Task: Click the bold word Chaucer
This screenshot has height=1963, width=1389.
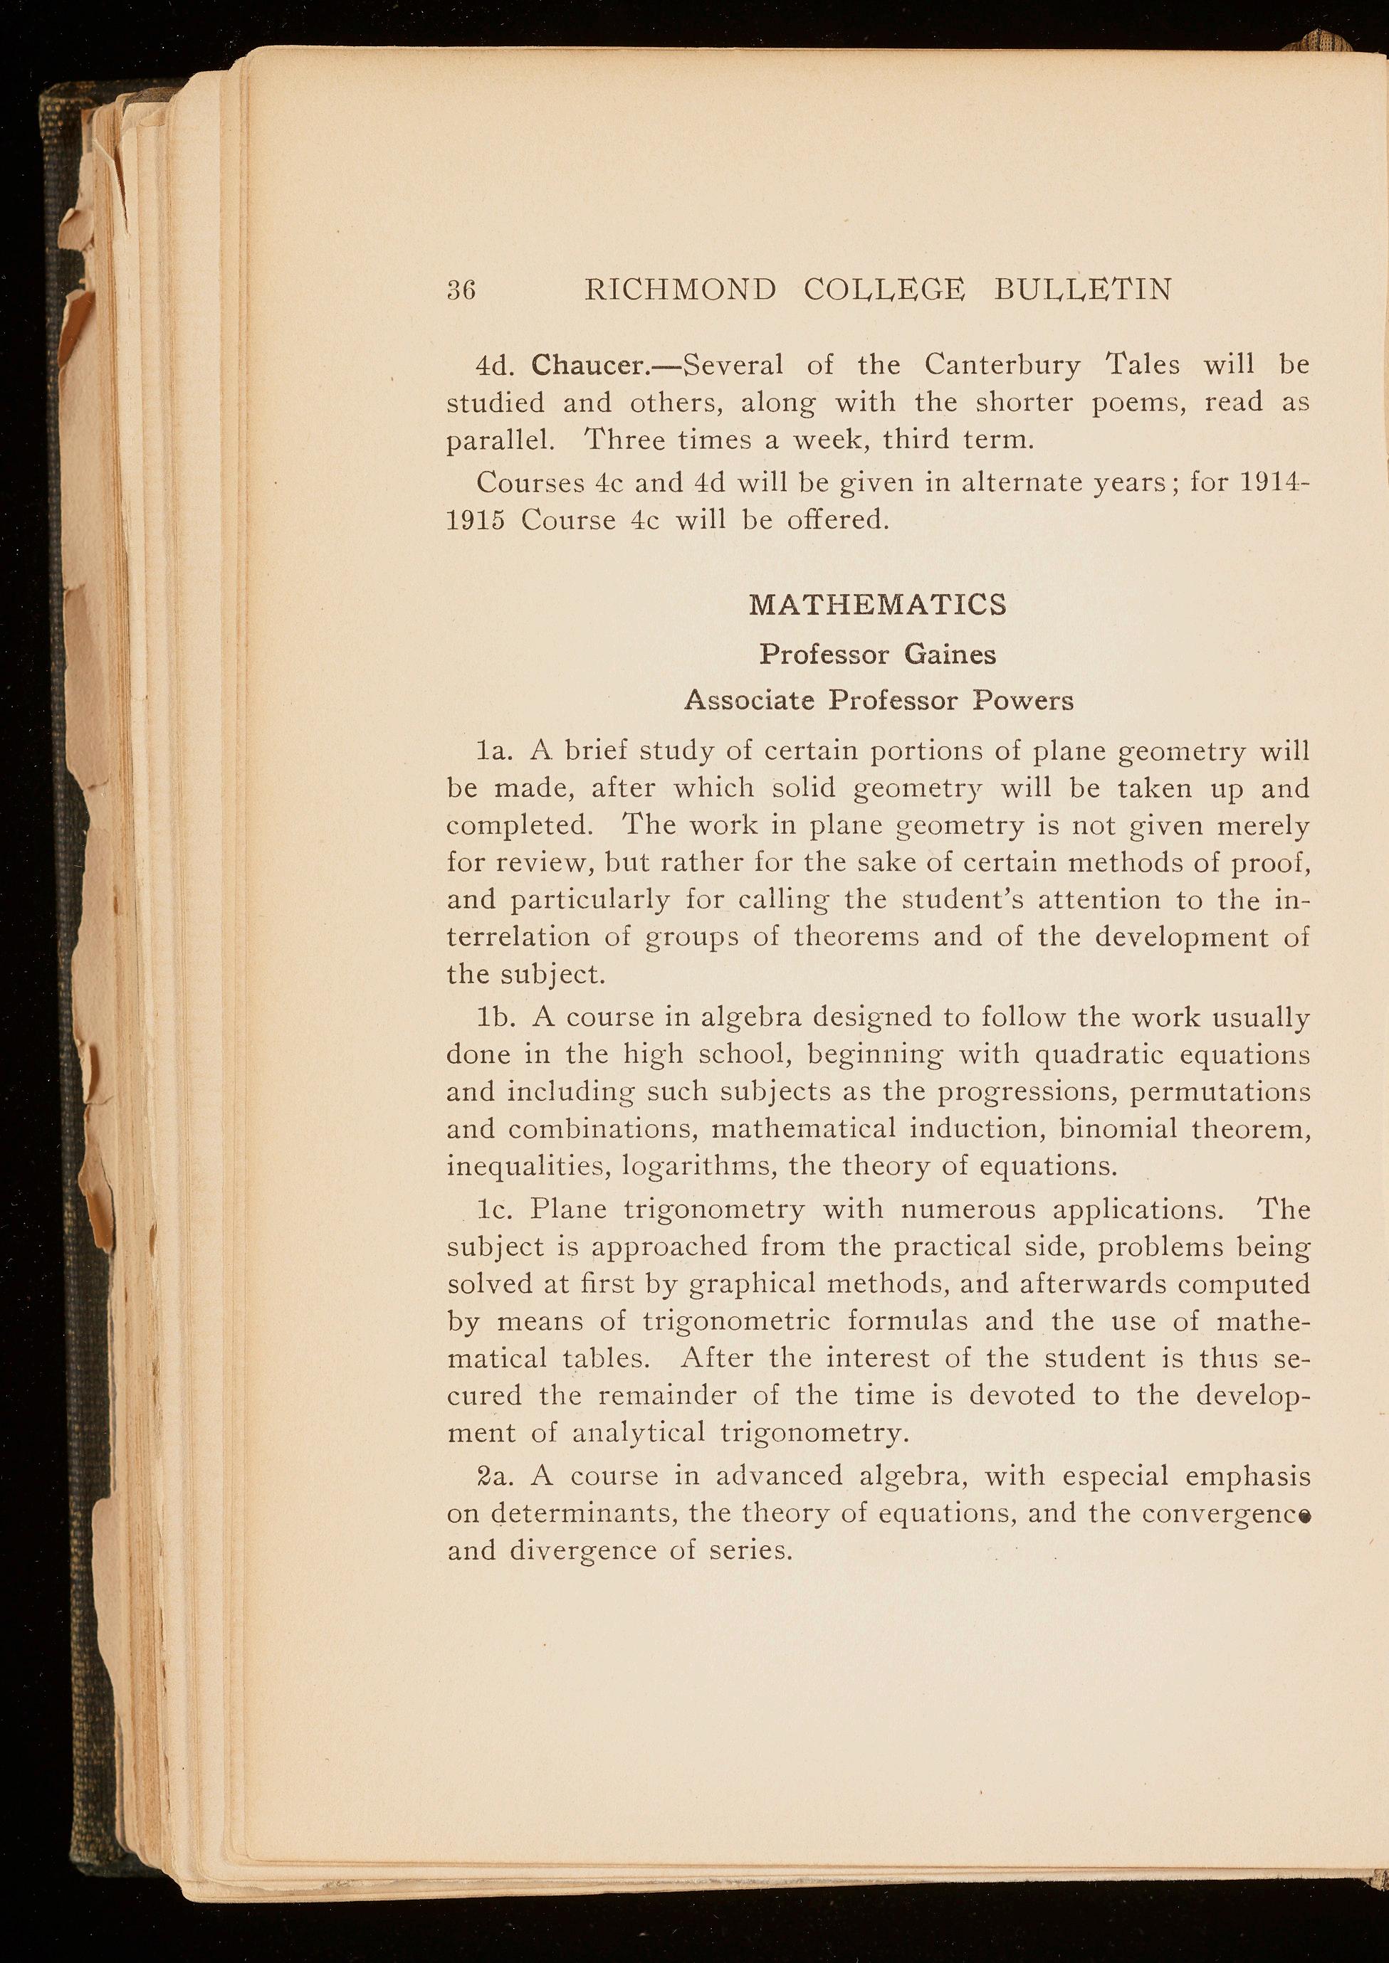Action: (591, 365)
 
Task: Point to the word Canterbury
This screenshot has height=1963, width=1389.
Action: (1002, 365)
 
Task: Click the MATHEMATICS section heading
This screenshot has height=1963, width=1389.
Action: (878, 605)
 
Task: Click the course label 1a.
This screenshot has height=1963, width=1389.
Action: (494, 751)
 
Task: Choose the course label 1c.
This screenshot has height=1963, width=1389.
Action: (494, 1210)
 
